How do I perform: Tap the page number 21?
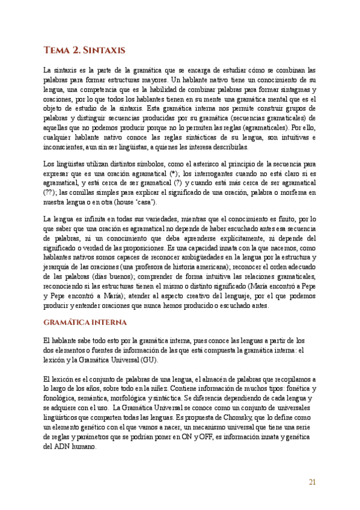click(x=312, y=481)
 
